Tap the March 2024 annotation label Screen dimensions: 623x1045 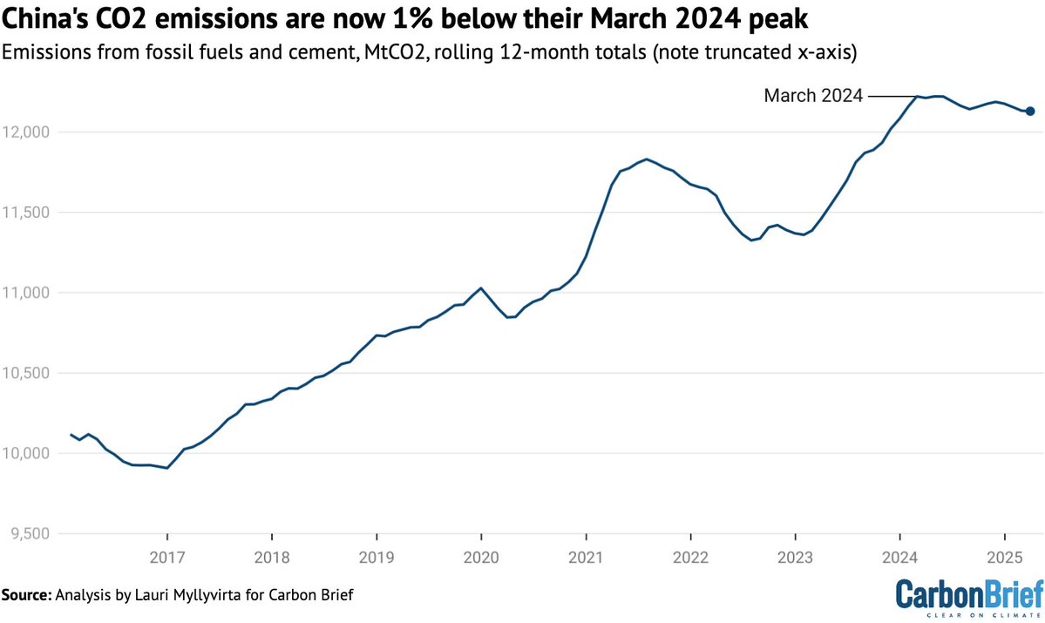tap(812, 96)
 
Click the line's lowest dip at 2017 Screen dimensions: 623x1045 tap(166, 468)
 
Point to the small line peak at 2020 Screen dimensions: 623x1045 tap(481, 288)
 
